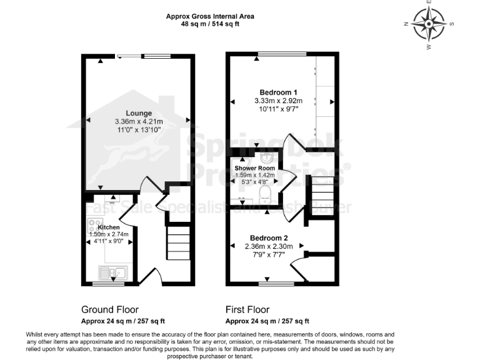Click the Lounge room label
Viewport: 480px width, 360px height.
(x=138, y=113)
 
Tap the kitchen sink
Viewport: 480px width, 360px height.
(x=112, y=272)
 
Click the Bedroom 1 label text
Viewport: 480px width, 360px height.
(x=278, y=91)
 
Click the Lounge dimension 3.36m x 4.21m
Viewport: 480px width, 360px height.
(x=138, y=121)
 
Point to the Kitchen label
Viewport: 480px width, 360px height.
(x=108, y=227)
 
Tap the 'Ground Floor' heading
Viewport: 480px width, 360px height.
(x=110, y=309)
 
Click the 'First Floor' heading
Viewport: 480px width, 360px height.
(x=247, y=309)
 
